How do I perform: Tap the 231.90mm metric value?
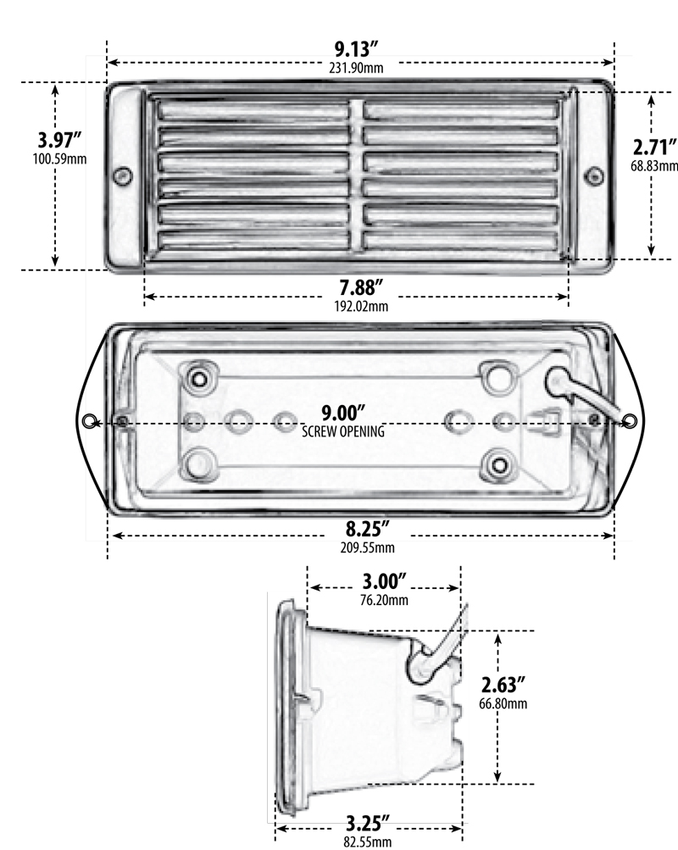(x=360, y=68)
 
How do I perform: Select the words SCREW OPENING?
(x=343, y=431)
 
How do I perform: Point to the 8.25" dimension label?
(x=360, y=529)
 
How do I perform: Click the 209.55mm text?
(x=360, y=547)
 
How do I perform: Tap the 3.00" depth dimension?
(x=385, y=582)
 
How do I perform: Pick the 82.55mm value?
(x=368, y=842)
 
